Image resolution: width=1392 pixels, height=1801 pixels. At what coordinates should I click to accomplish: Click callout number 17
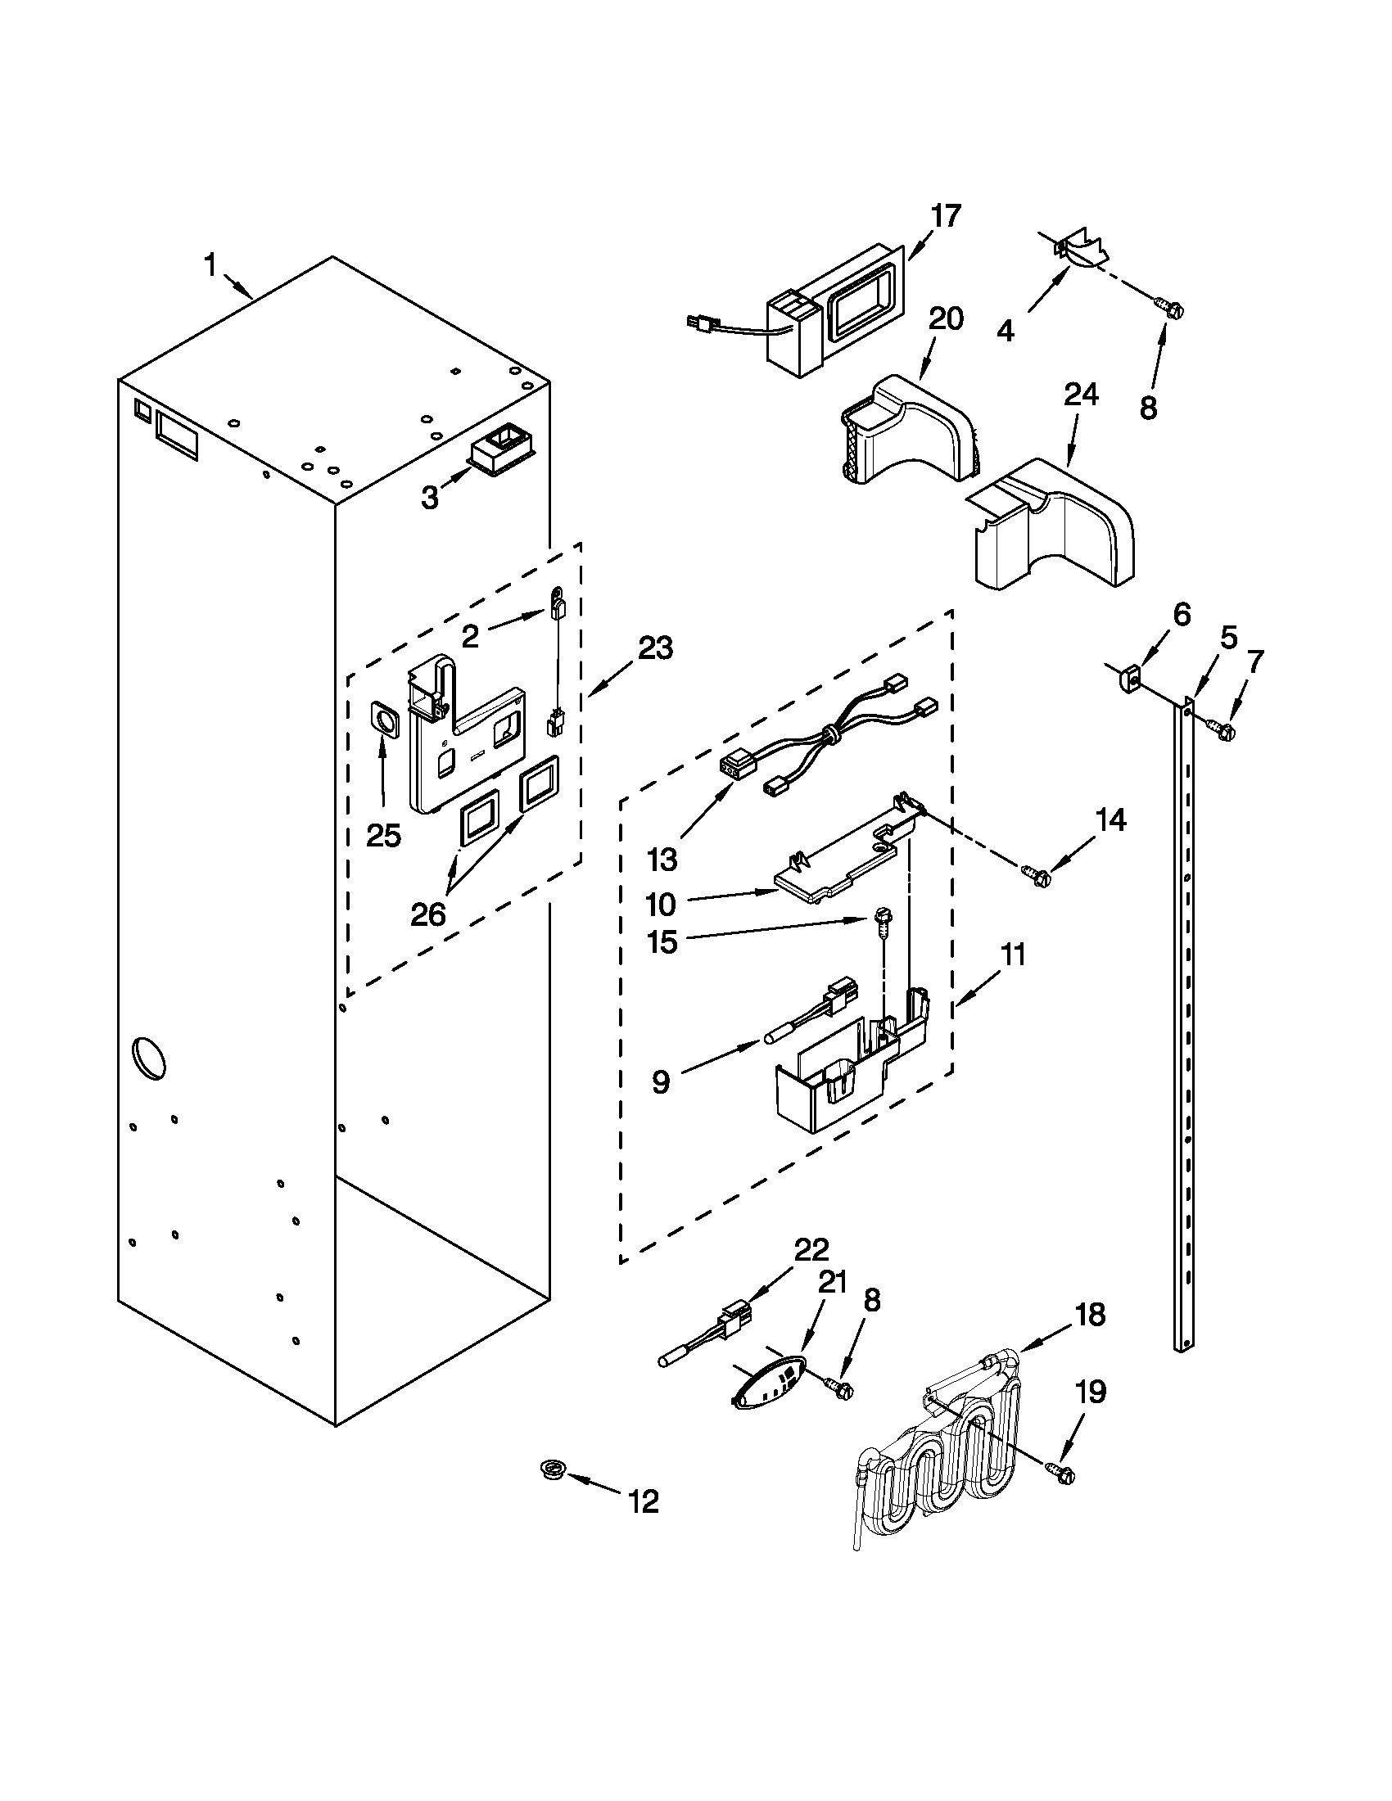click(946, 216)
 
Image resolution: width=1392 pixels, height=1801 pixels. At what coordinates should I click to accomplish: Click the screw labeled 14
click(1034, 871)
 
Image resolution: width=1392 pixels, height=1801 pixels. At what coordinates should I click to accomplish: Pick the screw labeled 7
click(1221, 727)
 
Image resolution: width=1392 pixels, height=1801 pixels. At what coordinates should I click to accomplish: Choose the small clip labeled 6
click(1130, 679)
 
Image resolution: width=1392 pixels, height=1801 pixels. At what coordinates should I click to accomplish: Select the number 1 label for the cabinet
click(210, 265)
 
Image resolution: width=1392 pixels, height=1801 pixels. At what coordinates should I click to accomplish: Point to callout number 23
click(655, 648)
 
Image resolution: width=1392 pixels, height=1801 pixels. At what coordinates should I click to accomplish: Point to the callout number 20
click(946, 318)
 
